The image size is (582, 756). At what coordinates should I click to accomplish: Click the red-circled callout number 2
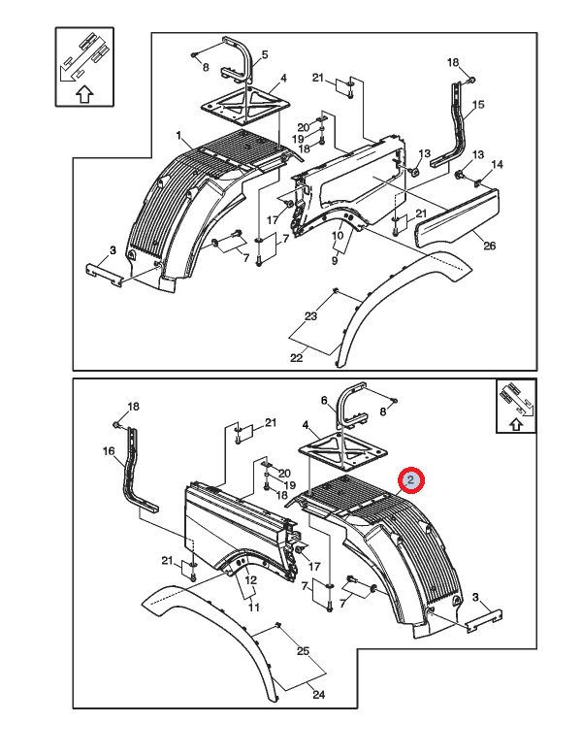410,480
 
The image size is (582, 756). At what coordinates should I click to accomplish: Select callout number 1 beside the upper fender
179,136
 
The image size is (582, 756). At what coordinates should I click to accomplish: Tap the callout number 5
265,55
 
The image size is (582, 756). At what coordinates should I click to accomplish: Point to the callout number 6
324,401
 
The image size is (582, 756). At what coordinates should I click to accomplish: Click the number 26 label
490,246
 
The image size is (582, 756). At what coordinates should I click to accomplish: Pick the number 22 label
296,358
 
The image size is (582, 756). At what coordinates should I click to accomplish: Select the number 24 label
318,695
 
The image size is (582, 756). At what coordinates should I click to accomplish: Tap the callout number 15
478,105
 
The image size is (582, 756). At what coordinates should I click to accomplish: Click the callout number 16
109,451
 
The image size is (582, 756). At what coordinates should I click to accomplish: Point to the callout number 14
497,164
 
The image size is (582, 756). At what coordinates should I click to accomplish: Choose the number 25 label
303,651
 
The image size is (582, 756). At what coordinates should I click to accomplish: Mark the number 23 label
310,316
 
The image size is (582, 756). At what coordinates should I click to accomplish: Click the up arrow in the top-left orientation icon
84,94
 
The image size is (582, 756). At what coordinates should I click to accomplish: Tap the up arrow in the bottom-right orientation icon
516,424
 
